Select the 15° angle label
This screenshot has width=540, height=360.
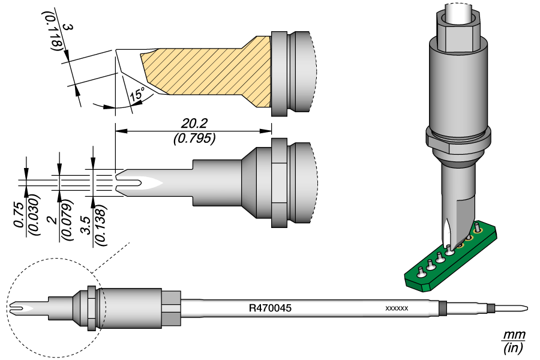coord(137,94)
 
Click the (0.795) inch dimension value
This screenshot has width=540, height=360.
coord(193,139)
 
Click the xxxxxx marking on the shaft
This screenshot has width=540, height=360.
coord(396,308)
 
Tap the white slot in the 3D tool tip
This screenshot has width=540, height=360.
coord(448,231)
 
